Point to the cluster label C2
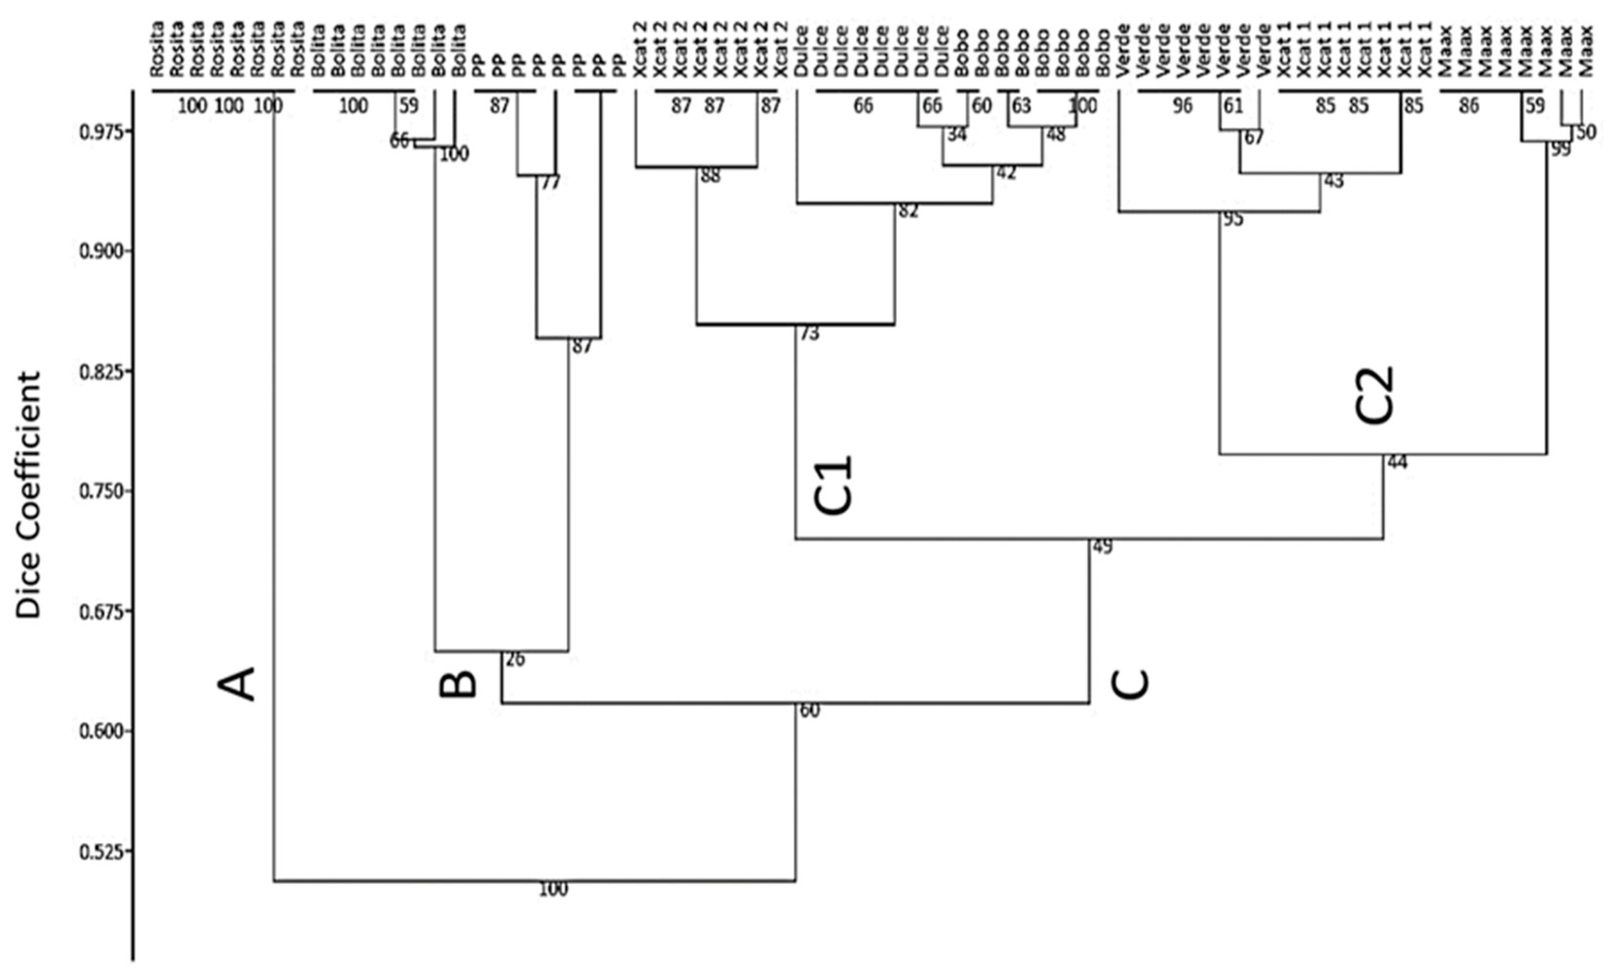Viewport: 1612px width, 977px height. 1374,395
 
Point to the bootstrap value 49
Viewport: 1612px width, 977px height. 1102,547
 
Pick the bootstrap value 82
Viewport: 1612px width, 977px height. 908,211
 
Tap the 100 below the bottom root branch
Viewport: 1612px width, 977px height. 553,889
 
